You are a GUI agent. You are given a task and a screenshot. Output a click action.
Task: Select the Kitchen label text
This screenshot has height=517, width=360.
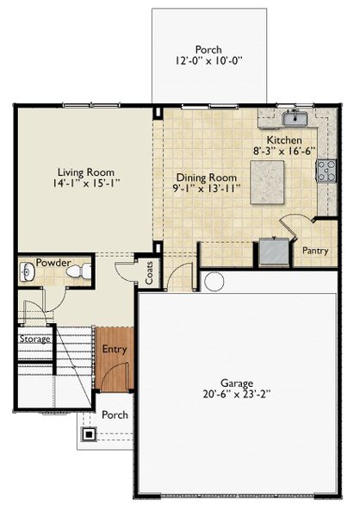click(284, 140)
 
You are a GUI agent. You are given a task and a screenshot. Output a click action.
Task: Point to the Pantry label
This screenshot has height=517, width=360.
click(315, 251)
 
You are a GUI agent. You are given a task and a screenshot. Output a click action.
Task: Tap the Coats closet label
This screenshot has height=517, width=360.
click(150, 274)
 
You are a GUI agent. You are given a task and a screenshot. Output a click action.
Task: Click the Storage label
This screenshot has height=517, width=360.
click(35, 339)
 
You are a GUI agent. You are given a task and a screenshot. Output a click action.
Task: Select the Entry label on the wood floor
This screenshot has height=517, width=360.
click(115, 349)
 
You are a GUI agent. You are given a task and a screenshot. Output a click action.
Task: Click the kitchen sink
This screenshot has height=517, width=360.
click(297, 117)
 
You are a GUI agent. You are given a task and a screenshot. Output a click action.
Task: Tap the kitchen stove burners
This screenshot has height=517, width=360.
click(326, 170)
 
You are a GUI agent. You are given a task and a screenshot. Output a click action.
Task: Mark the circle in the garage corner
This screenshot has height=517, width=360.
click(214, 281)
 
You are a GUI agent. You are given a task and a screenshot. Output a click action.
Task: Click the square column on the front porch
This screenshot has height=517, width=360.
click(89, 434)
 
